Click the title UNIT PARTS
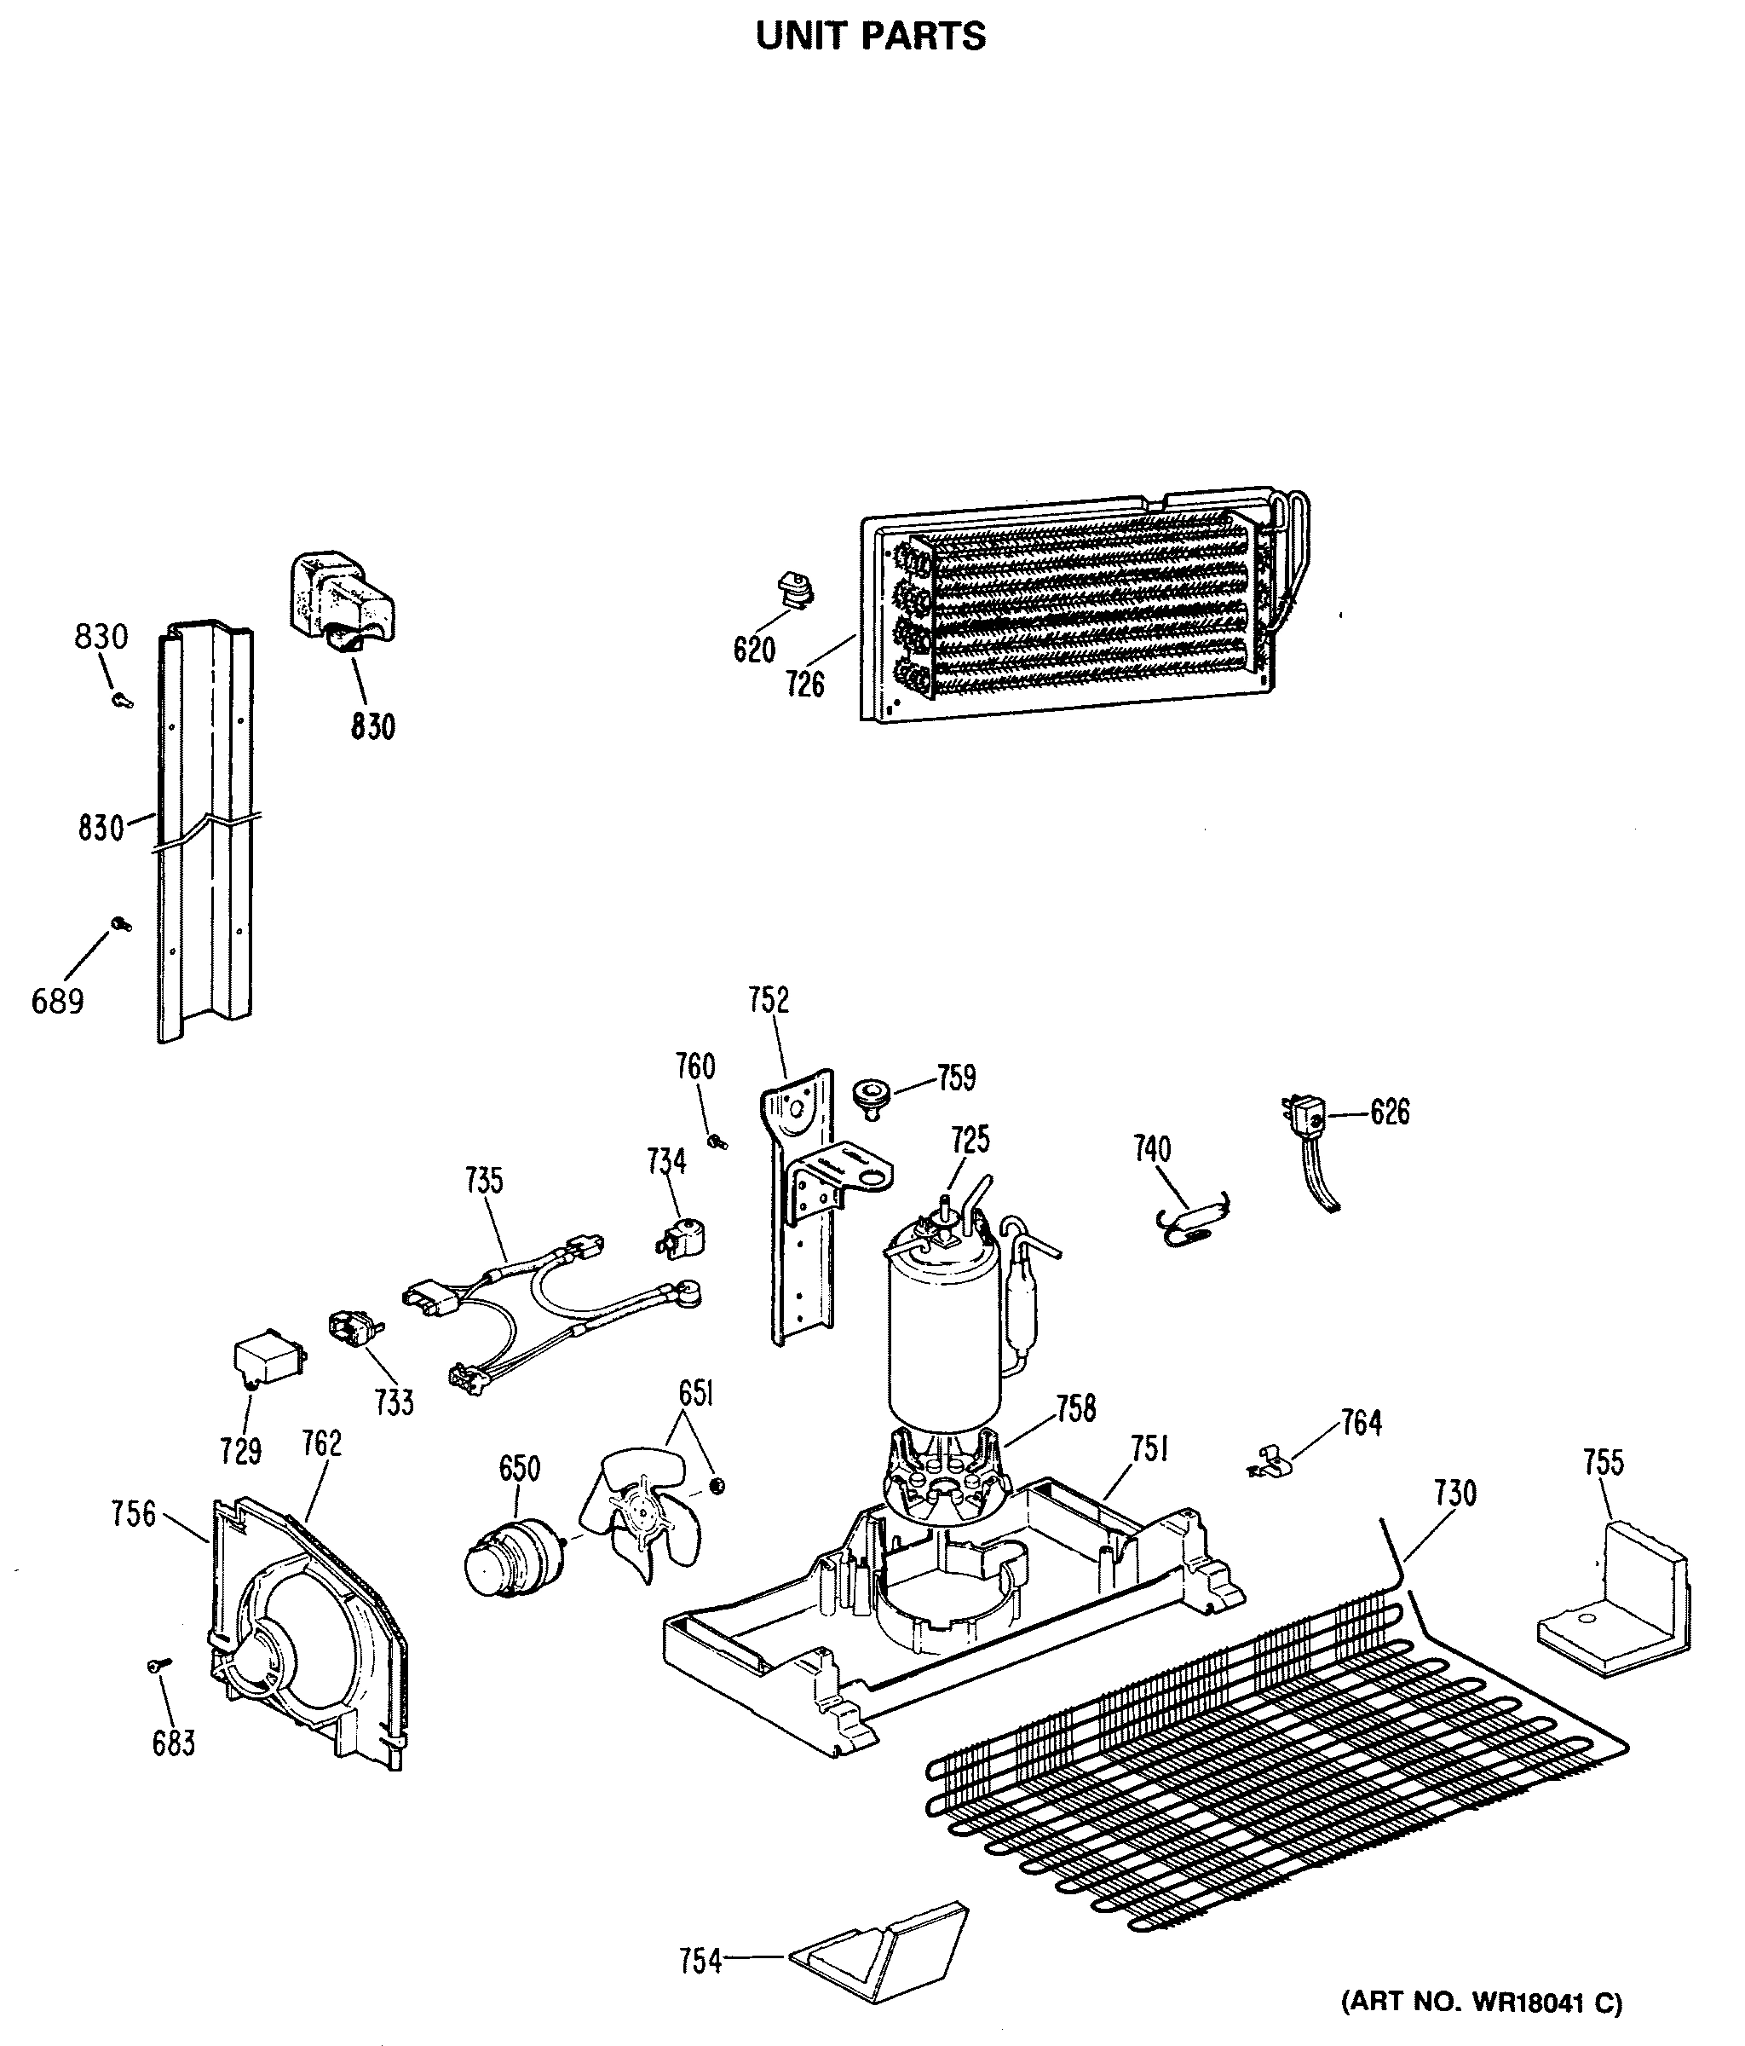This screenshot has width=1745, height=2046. pos(871,37)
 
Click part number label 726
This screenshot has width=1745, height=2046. pos(804,684)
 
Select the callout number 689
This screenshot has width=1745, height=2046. pos(57,1002)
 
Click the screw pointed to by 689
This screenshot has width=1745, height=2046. pos(121,924)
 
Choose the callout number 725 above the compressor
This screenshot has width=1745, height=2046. pos(970,1140)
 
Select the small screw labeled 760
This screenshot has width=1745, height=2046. pos(717,1141)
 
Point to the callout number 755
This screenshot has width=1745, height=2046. pos(1603,1461)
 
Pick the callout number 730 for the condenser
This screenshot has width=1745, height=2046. pos(1454,1493)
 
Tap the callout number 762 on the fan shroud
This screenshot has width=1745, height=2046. pos(322,1442)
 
